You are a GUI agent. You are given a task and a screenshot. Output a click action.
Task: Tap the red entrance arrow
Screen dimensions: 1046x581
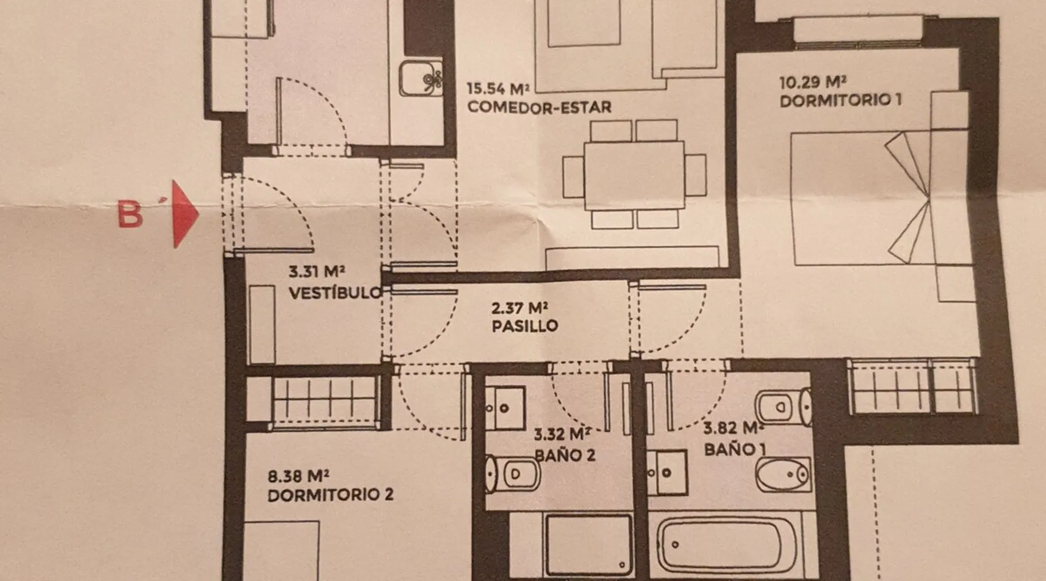tap(185, 214)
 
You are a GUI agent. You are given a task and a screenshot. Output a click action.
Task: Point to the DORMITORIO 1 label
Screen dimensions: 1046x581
tap(840, 101)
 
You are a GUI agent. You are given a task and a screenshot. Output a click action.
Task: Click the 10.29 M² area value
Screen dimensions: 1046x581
tap(812, 82)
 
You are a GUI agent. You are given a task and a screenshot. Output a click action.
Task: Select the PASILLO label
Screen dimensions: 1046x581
tap(525, 326)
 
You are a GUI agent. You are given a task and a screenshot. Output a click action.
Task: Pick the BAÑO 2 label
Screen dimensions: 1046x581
tap(565, 454)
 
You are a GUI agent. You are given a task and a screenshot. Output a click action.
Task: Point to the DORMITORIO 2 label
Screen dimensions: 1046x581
tap(331, 495)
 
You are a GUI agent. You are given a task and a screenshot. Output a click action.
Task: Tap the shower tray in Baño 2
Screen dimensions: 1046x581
tap(588, 544)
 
